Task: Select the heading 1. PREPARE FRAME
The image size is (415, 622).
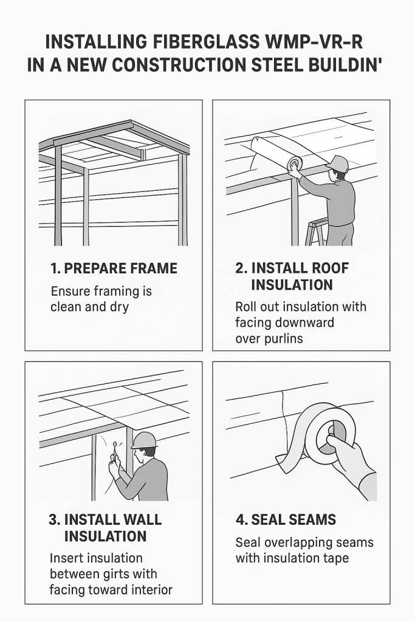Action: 114,268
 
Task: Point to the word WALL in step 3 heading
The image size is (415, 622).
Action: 140,520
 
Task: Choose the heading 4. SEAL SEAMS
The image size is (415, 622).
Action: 286,520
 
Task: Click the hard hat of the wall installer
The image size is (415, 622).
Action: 144,440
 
